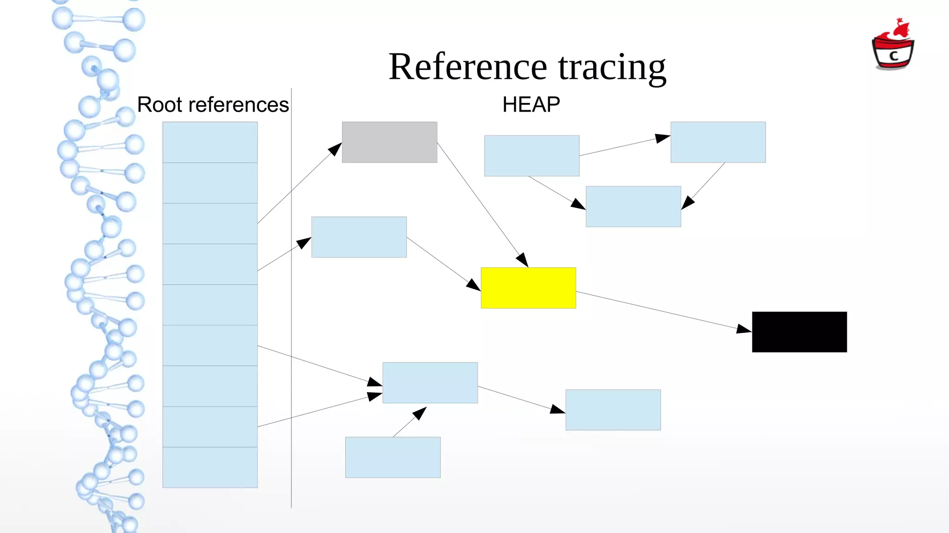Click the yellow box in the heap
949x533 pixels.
pos(528,288)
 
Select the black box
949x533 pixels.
pos(799,332)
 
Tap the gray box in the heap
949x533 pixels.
pos(389,142)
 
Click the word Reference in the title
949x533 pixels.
pos(468,67)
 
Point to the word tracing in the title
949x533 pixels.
pos(612,68)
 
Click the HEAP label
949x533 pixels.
pos(531,105)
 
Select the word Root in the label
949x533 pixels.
pos(159,105)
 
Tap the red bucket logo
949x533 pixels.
pos(892,46)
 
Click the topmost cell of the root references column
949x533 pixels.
pos(210,142)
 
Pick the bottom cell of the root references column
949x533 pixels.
pos(210,467)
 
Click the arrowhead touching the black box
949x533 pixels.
pos(744,329)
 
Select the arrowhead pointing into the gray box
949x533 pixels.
pos(335,149)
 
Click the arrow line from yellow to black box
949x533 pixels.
pos(658,310)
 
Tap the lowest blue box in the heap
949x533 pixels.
pos(392,457)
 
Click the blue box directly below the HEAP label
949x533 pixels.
pos(531,156)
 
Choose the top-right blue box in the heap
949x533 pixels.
pos(718,142)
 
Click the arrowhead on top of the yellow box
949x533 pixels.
pos(523,260)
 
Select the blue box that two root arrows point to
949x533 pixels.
pos(430,383)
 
